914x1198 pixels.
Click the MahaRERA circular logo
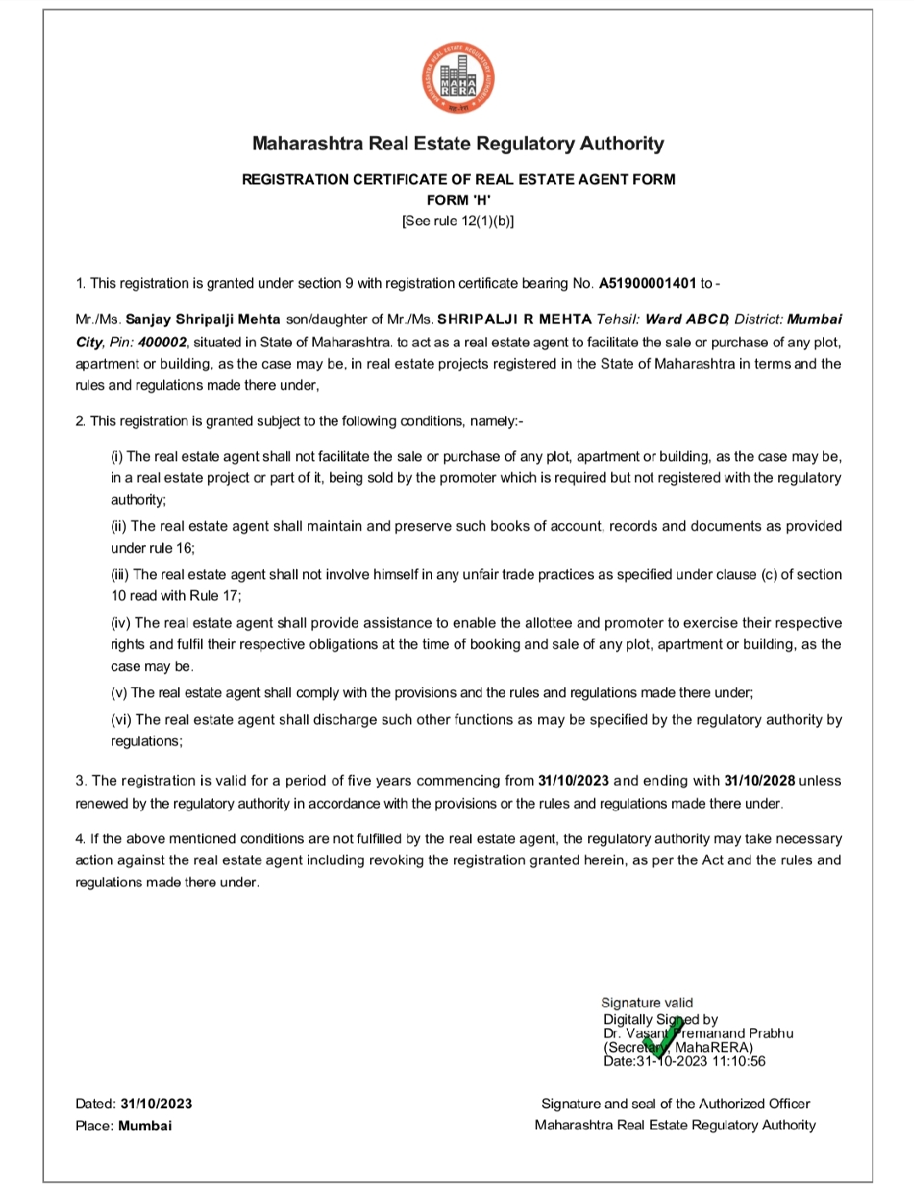point(458,80)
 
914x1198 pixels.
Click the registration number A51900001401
point(648,284)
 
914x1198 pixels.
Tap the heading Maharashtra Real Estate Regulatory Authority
point(458,143)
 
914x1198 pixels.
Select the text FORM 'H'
point(458,200)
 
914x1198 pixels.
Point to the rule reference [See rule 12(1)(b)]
point(458,221)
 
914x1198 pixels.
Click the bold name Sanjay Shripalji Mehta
point(203,320)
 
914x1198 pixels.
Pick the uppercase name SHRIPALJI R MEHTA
point(514,320)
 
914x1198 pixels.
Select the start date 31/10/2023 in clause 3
point(574,781)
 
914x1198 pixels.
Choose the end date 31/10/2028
point(760,781)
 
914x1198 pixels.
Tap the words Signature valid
point(647,1003)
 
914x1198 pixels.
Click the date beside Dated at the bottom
point(156,1104)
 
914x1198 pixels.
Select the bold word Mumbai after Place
point(145,1126)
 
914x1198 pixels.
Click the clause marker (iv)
point(121,623)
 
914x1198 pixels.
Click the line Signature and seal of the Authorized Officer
point(676,1104)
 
